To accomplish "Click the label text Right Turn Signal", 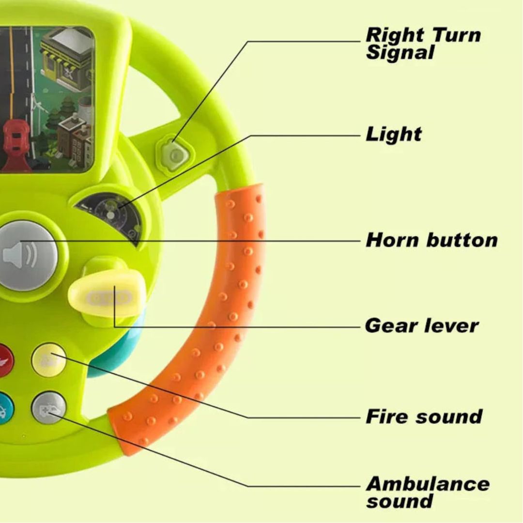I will point(423,43).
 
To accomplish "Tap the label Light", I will point(393,134).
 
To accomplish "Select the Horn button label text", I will point(431,240).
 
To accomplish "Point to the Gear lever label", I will point(421,325).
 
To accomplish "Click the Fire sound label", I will point(424,416).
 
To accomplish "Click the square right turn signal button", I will point(175,154).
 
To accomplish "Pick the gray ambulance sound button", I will point(48,408).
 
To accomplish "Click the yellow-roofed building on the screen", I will point(68,58).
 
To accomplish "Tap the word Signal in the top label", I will point(400,52).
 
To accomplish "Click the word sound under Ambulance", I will point(399,501).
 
